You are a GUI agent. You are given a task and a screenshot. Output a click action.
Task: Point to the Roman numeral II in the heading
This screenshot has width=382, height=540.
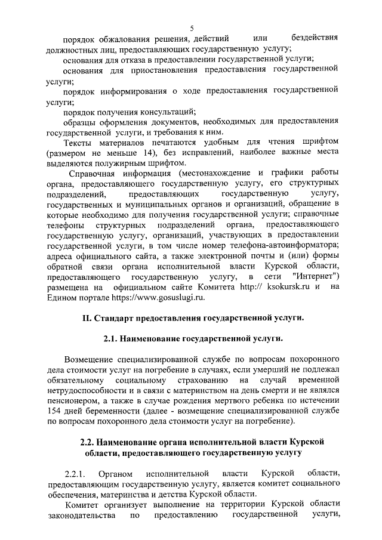[x=87, y=318]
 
